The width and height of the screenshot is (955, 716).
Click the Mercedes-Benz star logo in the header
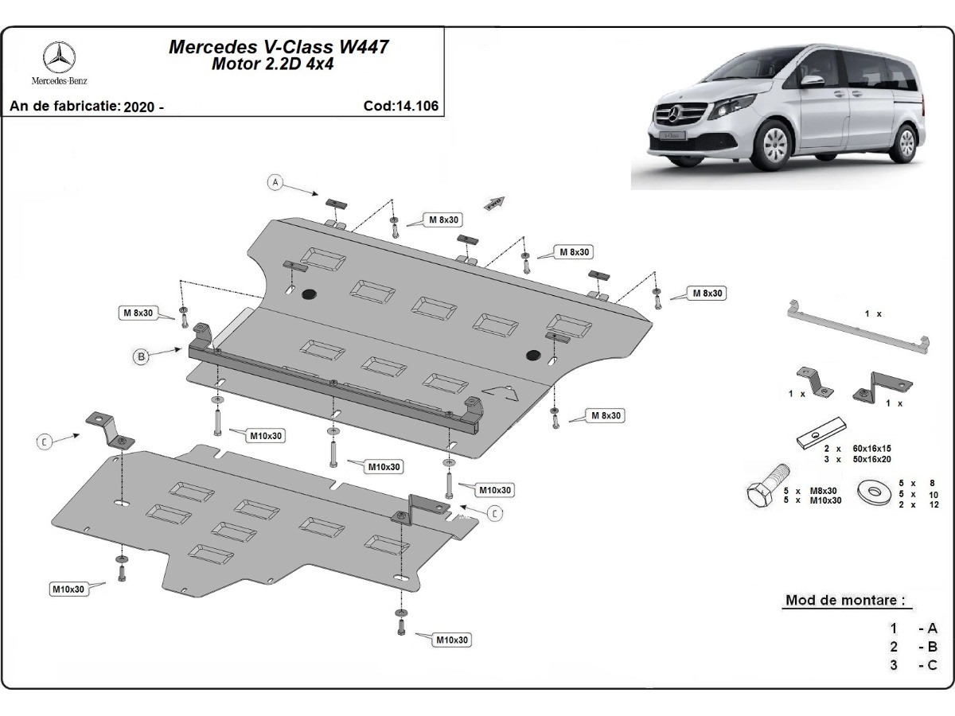[x=60, y=58]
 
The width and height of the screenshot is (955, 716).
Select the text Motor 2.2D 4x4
[x=272, y=65]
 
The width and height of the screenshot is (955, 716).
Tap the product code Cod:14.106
[x=400, y=106]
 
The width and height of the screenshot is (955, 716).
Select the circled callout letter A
[x=275, y=183]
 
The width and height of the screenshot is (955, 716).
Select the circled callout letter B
[x=141, y=357]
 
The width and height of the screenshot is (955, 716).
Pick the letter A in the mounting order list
[x=932, y=628]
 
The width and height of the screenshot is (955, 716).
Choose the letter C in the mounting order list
[x=932, y=665]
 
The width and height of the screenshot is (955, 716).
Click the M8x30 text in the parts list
[x=823, y=490]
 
